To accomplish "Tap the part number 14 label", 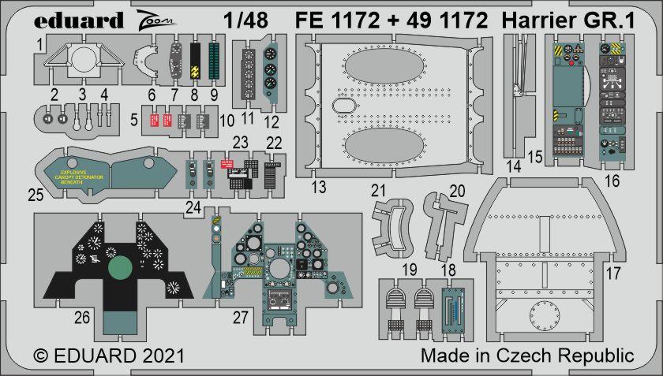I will [514, 166].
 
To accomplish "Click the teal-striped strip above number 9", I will [213, 65].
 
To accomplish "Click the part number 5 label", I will [135, 121].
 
